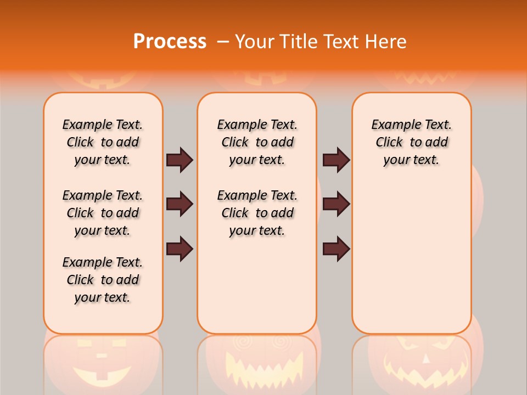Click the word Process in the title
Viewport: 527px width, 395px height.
point(170,42)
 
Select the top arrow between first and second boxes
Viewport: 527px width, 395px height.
point(180,160)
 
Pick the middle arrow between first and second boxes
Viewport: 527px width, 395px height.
point(180,204)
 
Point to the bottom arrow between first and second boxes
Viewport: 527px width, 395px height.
point(180,249)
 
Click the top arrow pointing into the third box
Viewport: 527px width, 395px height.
point(336,160)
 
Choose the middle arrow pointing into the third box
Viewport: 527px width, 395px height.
point(336,204)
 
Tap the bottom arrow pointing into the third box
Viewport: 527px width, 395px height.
point(336,249)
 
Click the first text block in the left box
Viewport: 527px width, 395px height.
point(103,142)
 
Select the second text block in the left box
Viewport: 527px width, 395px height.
point(103,213)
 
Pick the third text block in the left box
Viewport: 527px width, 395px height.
point(103,280)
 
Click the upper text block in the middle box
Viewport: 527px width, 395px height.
point(257,142)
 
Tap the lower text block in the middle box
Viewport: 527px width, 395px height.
point(257,213)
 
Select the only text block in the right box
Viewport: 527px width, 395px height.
point(411,142)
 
